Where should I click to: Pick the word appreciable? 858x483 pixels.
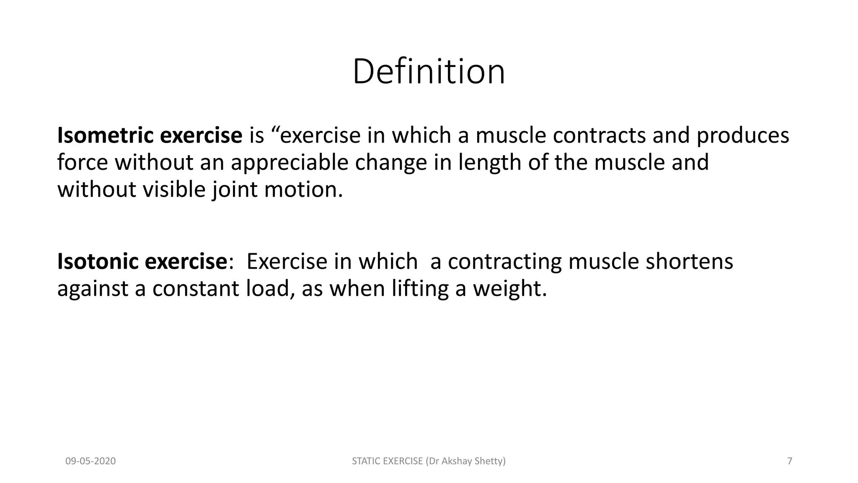289,163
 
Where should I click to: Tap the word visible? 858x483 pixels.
174,190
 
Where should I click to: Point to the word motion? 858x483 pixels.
303,190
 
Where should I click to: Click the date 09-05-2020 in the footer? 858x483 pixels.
90,461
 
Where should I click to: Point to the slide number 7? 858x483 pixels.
790,461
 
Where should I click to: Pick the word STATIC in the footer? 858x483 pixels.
365,461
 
